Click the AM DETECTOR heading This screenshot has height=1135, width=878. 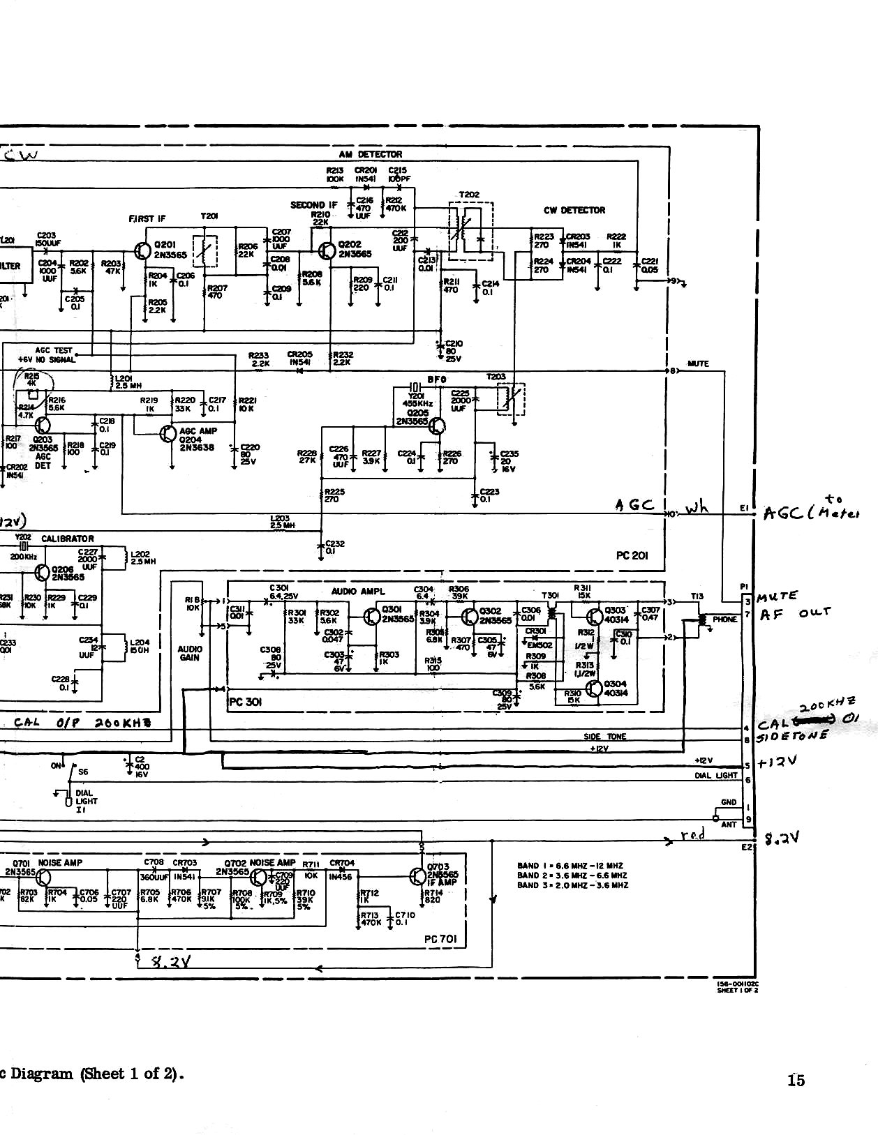(370, 154)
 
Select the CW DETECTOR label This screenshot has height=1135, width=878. (574, 210)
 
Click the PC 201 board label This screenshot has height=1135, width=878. (632, 555)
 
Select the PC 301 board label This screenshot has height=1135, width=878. (246, 702)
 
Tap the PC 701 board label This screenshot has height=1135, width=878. (440, 939)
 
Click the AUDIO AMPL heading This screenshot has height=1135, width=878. (358, 592)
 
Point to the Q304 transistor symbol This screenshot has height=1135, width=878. (595, 689)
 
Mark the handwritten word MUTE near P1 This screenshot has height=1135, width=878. (777, 597)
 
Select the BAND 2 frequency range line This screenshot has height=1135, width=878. (572, 875)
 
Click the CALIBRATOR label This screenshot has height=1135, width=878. (67, 539)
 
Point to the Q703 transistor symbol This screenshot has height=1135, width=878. (417, 876)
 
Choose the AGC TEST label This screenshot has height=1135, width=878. (53, 351)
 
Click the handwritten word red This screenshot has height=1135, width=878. (694, 834)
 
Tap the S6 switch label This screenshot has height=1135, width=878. (83, 772)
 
